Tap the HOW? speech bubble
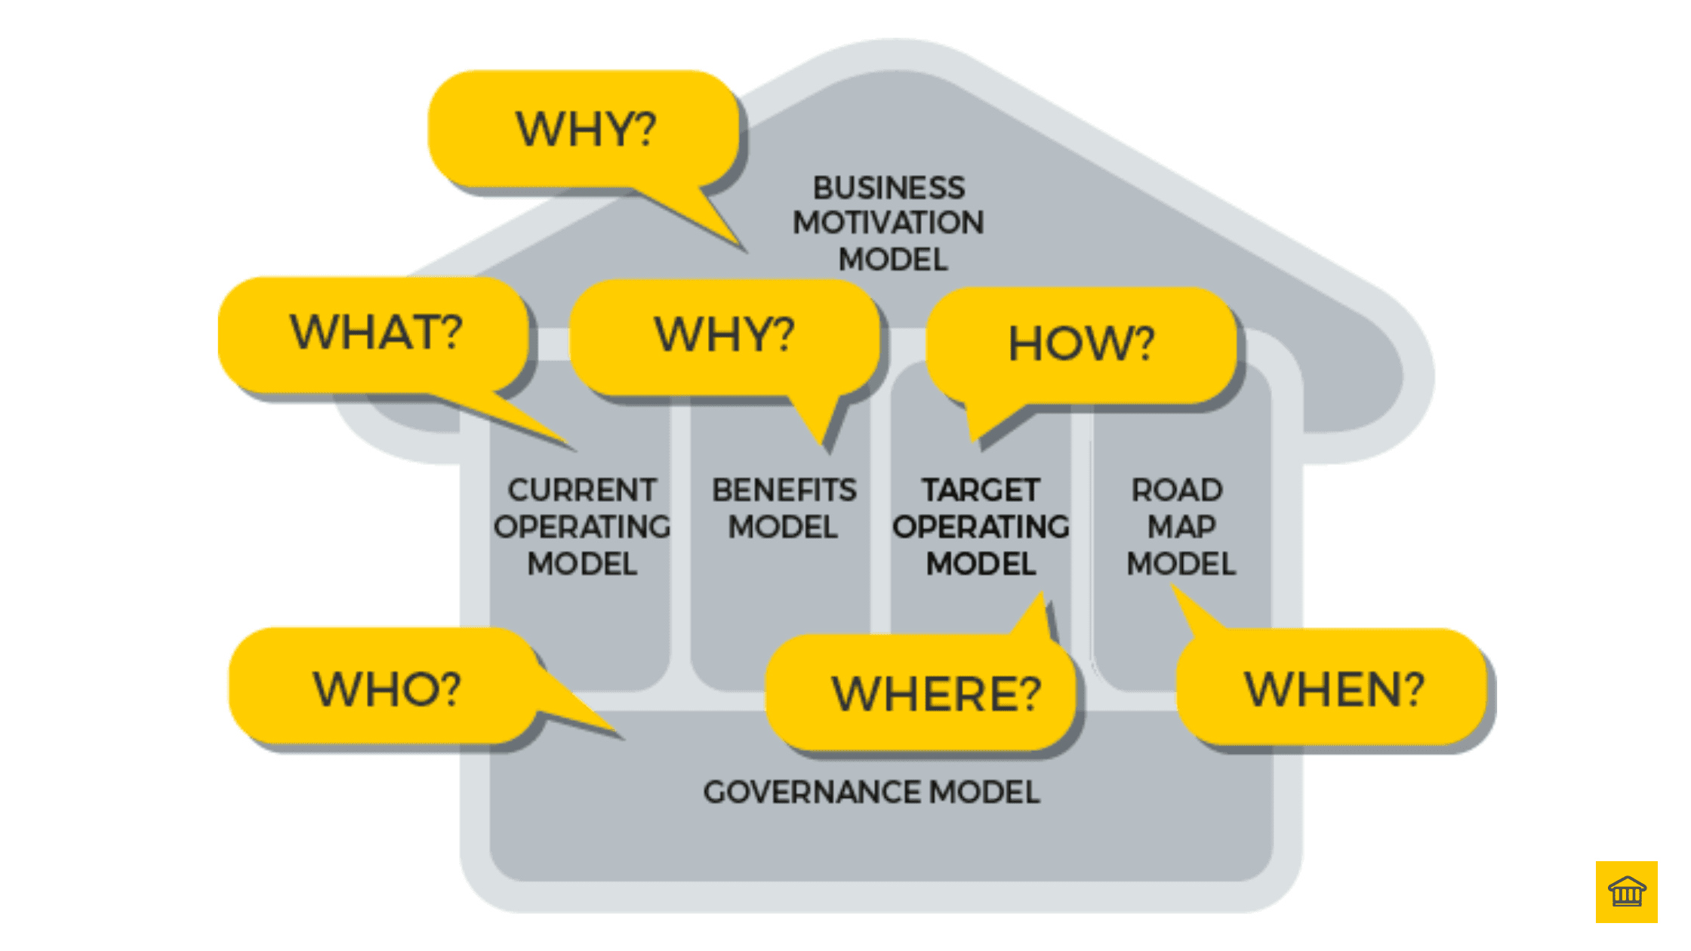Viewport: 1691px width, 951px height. tap(1081, 345)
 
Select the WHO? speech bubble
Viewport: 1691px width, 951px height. tap(386, 688)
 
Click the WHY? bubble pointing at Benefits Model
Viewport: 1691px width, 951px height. tap(725, 335)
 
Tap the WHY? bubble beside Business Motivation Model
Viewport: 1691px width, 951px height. tap(585, 129)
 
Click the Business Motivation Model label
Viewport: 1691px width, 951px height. tap(889, 223)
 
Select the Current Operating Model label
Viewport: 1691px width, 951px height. tap(581, 526)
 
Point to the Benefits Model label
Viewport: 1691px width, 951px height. tap(784, 508)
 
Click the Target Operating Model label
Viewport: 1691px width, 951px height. tap(981, 526)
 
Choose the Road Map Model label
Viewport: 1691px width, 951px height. tap(1180, 526)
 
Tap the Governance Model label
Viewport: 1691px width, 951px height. tap(871, 792)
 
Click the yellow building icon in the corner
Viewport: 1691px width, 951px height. tap(1626, 891)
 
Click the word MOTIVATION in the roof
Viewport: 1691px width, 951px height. tap(889, 223)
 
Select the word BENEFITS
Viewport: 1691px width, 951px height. tap(784, 491)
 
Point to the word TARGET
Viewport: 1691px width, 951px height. tap(981, 491)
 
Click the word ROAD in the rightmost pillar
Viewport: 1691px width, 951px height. tap(1176, 491)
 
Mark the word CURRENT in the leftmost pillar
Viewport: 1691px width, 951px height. tap(581, 491)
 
